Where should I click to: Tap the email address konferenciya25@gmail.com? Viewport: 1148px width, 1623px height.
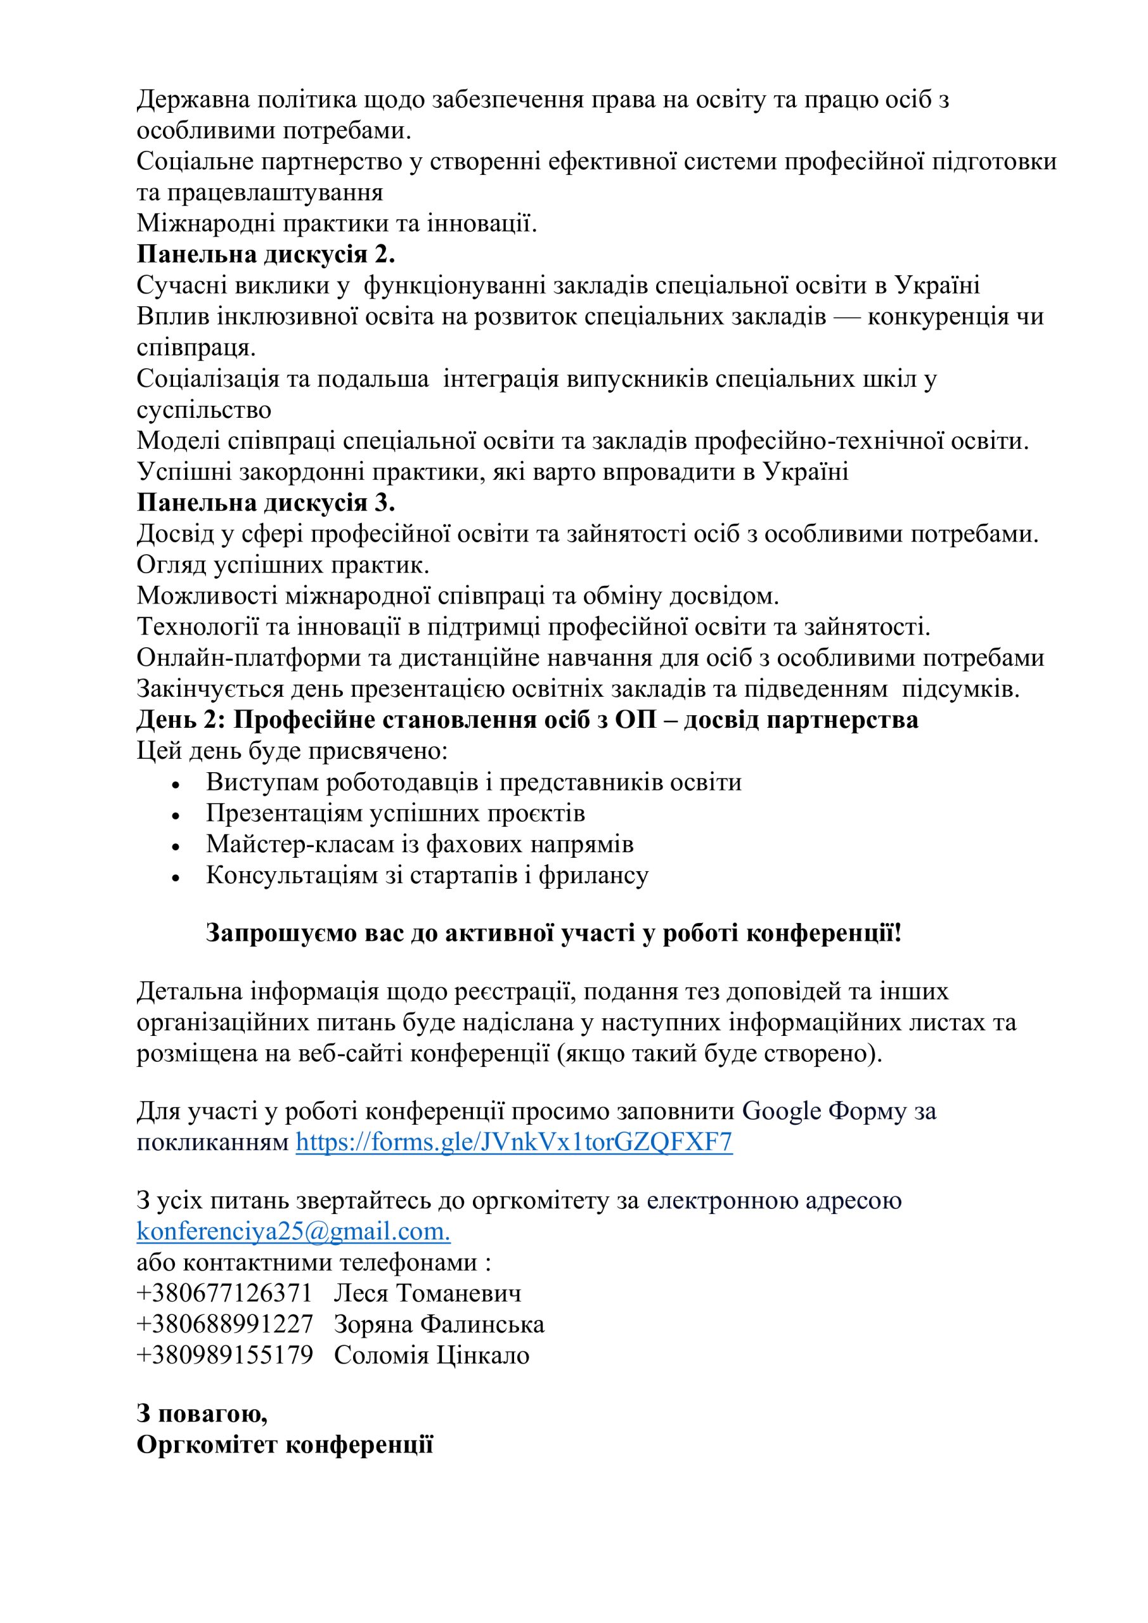[293, 1231]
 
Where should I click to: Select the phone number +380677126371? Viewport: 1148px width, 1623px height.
[224, 1293]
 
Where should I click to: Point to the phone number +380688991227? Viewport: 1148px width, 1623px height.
[224, 1324]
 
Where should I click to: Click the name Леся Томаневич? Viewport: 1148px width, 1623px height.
[428, 1293]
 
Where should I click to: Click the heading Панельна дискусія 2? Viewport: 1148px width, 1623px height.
[266, 254]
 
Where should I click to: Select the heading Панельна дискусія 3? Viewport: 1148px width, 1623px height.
[266, 503]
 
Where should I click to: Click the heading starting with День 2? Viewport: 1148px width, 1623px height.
[527, 720]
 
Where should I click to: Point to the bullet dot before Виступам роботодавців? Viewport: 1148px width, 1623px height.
[176, 785]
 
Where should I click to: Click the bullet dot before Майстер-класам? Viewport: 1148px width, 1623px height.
[176, 846]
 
